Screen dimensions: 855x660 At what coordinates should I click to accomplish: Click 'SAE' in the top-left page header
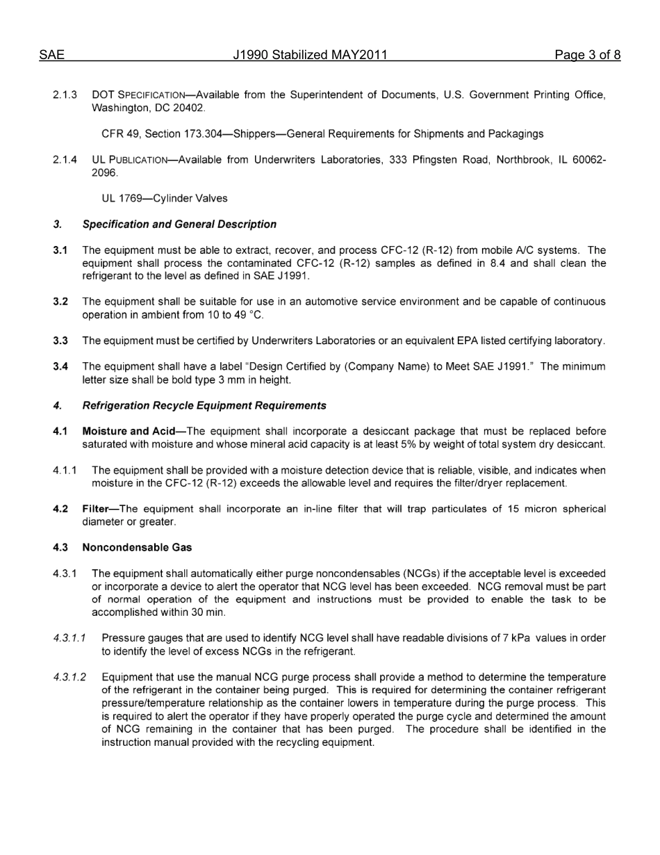51,55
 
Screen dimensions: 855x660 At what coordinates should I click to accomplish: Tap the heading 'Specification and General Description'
179,225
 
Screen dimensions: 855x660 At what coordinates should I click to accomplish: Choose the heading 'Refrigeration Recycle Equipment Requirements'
204,405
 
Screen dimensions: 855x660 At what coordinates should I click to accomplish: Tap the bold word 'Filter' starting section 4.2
96,509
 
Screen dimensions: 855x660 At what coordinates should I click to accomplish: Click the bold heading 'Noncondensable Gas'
137,547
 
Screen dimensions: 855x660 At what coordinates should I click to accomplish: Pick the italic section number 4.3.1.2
69,676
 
